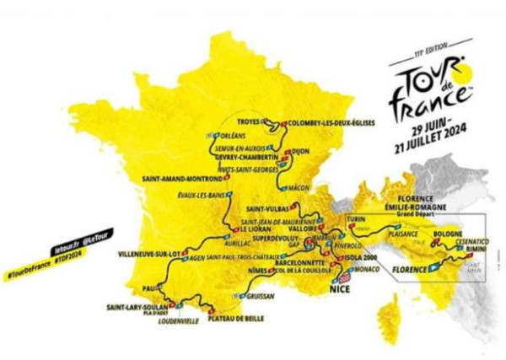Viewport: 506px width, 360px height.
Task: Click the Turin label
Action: pos(358,218)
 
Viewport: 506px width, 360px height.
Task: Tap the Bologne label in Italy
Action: pos(449,231)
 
